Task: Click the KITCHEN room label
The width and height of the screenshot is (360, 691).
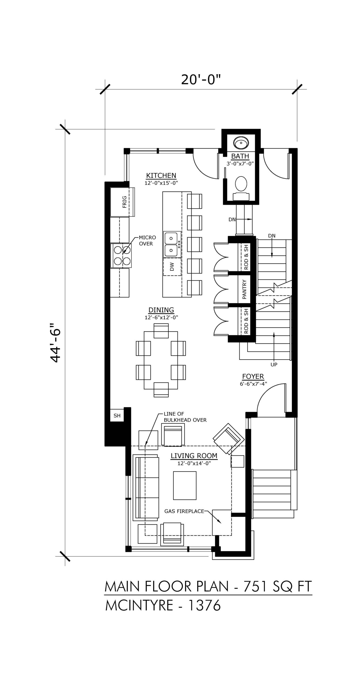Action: click(161, 175)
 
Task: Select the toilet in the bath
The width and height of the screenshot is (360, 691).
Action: click(241, 188)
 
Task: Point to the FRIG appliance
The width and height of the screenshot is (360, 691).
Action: click(122, 202)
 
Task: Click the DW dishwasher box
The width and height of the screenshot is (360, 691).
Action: click(172, 267)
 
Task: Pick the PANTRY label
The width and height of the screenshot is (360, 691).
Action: click(244, 289)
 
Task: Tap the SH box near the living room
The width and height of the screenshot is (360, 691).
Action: click(117, 415)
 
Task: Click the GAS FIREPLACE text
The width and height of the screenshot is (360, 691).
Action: click(184, 511)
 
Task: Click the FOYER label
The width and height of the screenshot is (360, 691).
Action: click(253, 376)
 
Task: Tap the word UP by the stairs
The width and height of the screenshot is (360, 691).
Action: click(274, 365)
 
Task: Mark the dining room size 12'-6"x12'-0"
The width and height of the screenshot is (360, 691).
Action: click(161, 317)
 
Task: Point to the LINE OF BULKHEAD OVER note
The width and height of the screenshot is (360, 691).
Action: click(185, 417)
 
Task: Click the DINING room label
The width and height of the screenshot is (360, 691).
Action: click(161, 310)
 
